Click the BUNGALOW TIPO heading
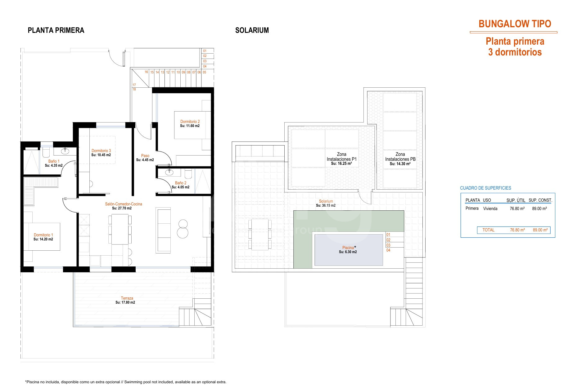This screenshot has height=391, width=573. pos(515,24)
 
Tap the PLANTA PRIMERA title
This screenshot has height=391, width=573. pos(56,30)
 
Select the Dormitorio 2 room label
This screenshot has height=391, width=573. pos(190,122)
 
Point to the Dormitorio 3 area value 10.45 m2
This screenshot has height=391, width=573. pos(101,155)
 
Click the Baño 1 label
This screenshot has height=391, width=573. pos(54,161)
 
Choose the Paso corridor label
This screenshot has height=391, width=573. pos(145,156)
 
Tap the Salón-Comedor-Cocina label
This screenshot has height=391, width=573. pos(123,204)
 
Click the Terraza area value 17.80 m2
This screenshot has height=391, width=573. pos(125,302)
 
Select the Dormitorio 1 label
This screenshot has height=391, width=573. pos(43,235)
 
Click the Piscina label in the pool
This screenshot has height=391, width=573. pos(348,248)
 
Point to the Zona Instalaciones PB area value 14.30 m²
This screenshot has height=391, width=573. pos(400,164)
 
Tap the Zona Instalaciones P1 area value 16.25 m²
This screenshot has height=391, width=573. pos(341,164)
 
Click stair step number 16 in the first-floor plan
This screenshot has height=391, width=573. pos(147,72)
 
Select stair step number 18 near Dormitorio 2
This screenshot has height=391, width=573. pos(134,90)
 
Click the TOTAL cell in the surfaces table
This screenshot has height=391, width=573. pos(489,230)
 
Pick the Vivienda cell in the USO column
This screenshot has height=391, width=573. pos(490,209)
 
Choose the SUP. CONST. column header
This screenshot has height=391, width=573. pos(540,200)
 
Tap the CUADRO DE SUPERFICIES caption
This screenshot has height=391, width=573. pos(485,188)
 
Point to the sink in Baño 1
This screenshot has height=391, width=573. pos(65,151)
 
